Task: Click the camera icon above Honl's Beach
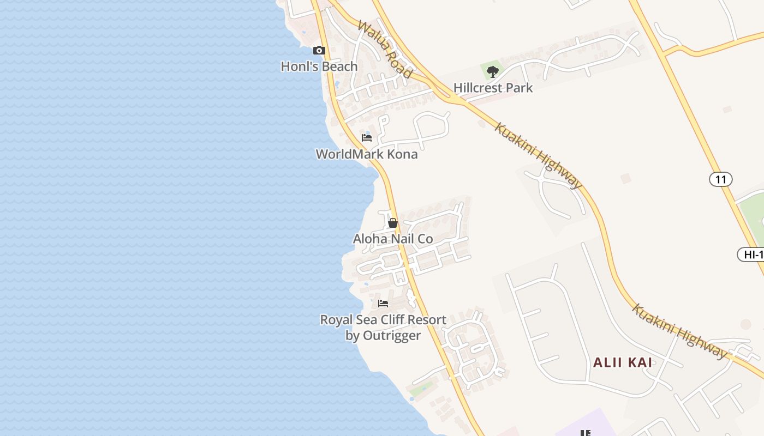pyautogui.click(x=319, y=51)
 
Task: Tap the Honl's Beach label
pyautogui.click(x=319, y=66)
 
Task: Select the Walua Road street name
pyautogui.click(x=385, y=49)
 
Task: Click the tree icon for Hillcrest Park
pyautogui.click(x=493, y=71)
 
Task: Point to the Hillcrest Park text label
pyautogui.click(x=493, y=88)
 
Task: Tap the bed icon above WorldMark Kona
pyautogui.click(x=367, y=138)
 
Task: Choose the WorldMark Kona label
pyautogui.click(x=367, y=154)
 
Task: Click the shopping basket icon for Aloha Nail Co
pyautogui.click(x=393, y=222)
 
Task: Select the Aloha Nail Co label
pyautogui.click(x=393, y=239)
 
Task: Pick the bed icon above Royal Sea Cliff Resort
pyautogui.click(x=383, y=304)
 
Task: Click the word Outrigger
pyautogui.click(x=391, y=335)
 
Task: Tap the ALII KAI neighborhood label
pyautogui.click(x=622, y=362)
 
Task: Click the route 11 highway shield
pyautogui.click(x=721, y=179)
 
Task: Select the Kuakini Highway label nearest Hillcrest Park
pyautogui.click(x=539, y=155)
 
